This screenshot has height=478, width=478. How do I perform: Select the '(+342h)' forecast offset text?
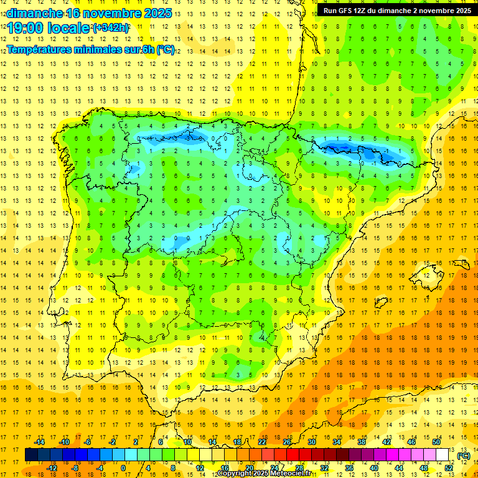pyautogui.click(x=111, y=28)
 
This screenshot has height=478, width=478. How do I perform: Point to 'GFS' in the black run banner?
pyautogui.click(x=347, y=11)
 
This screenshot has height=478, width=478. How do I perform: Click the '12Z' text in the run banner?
pyautogui.click(x=364, y=11)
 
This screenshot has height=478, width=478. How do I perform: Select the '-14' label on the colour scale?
pyautogui.click(x=40, y=442)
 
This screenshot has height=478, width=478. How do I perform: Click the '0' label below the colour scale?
pyautogui.click(x=123, y=468)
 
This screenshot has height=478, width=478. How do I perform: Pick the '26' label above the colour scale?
pyautogui.click(x=287, y=442)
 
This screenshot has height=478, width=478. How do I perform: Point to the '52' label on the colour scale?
pyautogui.click(x=449, y=468)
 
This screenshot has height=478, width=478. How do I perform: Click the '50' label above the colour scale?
pyautogui.click(x=436, y=442)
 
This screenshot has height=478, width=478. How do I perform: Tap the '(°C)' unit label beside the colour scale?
pyautogui.click(x=464, y=456)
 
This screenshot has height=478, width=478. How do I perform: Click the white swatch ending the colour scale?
pyautogui.click(x=443, y=455)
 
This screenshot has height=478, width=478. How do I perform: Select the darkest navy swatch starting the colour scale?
pyautogui.click(x=31, y=455)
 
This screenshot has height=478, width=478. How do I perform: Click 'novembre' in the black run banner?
pyautogui.click(x=429, y=11)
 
